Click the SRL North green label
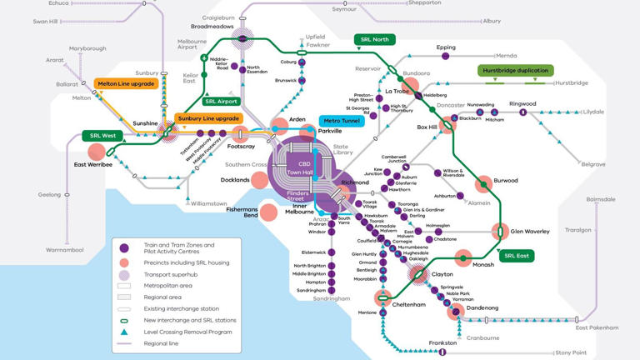(x=374, y=39)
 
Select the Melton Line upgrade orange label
(x=126, y=84)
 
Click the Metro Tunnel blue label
(x=342, y=121)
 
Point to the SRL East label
(x=517, y=256)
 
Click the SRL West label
(x=102, y=135)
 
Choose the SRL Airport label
(x=221, y=102)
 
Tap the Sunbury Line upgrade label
(x=208, y=118)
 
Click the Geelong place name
(x=49, y=195)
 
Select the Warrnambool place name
(x=65, y=249)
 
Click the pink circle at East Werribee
(x=97, y=152)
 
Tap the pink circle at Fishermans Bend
(x=268, y=212)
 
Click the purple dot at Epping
(x=446, y=56)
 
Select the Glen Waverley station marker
(x=501, y=232)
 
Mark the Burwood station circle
(x=483, y=184)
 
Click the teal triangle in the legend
(x=123, y=332)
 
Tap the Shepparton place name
(x=424, y=3)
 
